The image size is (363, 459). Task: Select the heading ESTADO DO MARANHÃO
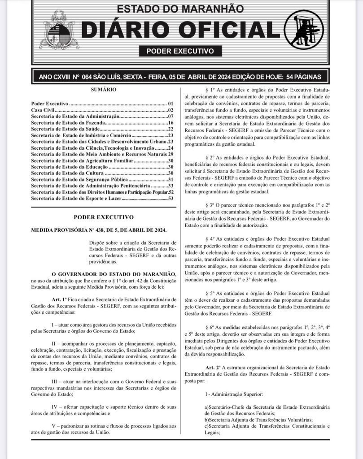point(180,9)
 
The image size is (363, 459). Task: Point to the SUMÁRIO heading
point(104,90)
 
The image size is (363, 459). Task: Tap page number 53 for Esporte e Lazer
point(171,198)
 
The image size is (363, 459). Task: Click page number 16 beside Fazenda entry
point(171,122)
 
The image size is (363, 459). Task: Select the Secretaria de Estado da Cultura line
point(67,173)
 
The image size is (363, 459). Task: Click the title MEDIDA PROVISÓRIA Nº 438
point(99,230)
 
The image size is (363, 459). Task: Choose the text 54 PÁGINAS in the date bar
point(301,76)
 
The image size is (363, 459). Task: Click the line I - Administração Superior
point(233,394)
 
